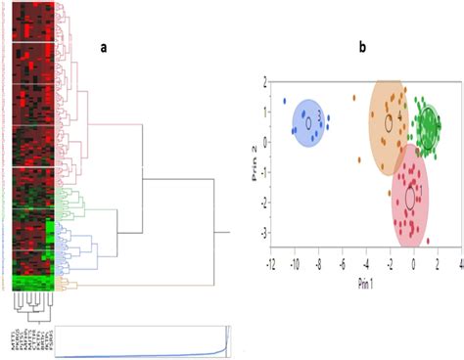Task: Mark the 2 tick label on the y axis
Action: pos(261,84)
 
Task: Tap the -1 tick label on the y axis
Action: pos(260,173)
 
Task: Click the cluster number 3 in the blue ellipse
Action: pos(320,115)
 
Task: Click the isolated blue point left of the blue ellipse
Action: pos(284,101)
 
